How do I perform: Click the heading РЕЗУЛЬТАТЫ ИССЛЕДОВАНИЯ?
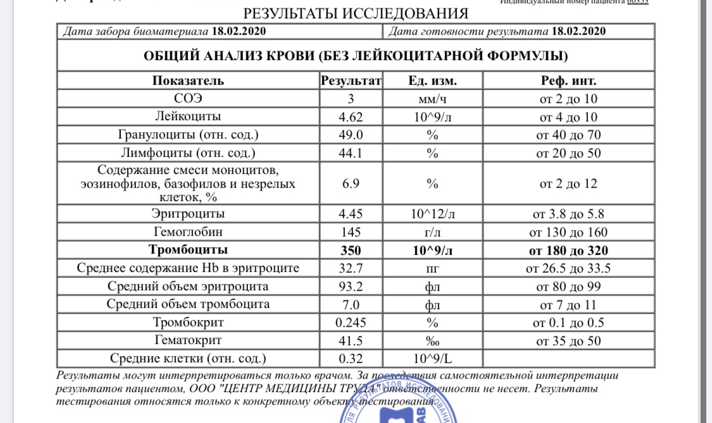tap(356, 14)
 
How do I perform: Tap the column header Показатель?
tap(188, 81)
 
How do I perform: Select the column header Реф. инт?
tap(568, 81)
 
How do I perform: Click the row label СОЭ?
tap(188, 99)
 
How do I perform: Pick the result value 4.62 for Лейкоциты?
tap(351, 117)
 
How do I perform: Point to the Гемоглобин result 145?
tap(351, 232)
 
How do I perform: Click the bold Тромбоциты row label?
tap(188, 250)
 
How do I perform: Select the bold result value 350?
tap(351, 250)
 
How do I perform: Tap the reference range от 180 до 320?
tap(568, 250)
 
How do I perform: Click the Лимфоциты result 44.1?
tap(351, 153)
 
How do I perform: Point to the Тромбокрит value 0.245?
tap(351, 322)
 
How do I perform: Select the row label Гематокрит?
tap(188, 340)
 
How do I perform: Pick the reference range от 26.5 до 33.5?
tap(568, 268)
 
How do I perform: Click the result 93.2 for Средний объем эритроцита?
tap(351, 286)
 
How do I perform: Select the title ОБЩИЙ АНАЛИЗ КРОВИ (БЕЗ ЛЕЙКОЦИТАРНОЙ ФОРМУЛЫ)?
tap(356, 56)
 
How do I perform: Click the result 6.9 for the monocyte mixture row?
tap(351, 183)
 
